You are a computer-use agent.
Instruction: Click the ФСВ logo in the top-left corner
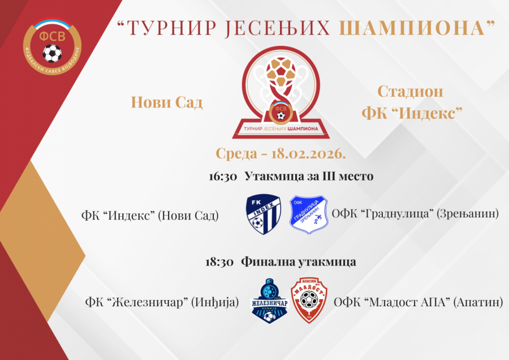tap(52, 46)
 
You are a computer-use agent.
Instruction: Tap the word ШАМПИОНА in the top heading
tap(412, 28)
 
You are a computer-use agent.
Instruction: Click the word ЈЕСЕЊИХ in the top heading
tap(277, 28)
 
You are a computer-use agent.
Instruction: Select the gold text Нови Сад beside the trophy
tap(167, 102)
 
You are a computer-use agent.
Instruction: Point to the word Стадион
tap(410, 91)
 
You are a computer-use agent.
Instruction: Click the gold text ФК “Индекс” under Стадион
tap(412, 113)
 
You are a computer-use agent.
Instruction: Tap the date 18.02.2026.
tap(308, 153)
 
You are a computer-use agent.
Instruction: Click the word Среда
tap(236, 153)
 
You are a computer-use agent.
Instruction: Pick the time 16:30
tap(223, 177)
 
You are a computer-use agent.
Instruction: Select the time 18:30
tap(219, 262)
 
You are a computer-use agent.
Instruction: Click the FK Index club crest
tap(263, 214)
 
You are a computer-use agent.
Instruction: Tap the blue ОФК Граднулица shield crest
tap(308, 215)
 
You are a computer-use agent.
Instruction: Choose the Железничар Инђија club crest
tap(270, 301)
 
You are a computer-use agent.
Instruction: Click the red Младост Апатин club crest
tap(309, 300)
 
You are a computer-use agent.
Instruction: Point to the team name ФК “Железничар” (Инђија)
tap(162, 302)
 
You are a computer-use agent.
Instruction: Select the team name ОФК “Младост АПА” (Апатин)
tap(419, 302)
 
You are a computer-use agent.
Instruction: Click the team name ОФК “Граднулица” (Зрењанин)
tap(415, 214)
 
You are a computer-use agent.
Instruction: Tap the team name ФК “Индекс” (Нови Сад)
tap(150, 216)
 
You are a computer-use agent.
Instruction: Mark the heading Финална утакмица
tap(298, 262)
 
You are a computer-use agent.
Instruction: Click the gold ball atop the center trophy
tap(281, 71)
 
